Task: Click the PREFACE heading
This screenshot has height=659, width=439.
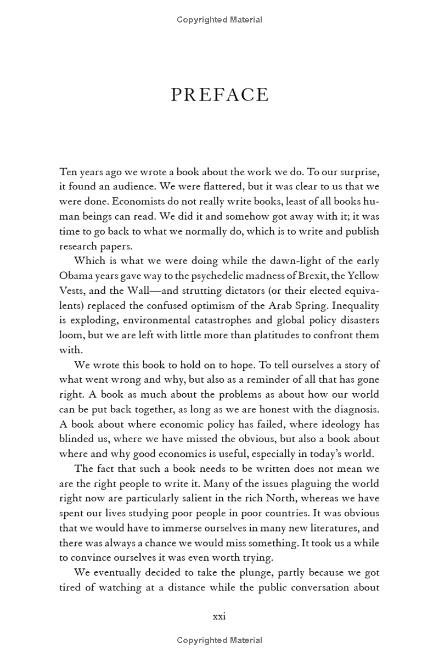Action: (219, 95)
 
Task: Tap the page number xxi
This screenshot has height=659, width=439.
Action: (219, 616)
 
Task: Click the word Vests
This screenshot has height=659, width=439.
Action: (71, 290)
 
